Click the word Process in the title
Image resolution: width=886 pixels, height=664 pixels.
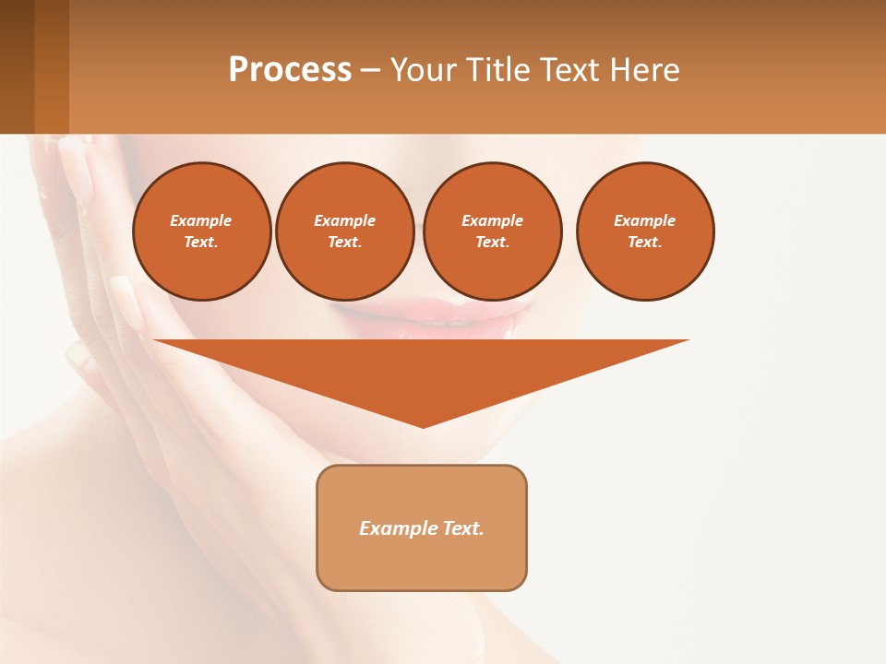(290, 70)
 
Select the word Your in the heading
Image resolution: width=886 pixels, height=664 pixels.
(421, 70)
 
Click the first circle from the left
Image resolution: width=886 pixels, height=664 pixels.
(202, 231)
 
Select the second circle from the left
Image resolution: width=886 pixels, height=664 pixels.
(345, 231)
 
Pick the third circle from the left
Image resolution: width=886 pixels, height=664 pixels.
(492, 231)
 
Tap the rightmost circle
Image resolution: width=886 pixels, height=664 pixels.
(645, 231)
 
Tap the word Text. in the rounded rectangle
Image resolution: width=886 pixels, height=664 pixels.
(461, 528)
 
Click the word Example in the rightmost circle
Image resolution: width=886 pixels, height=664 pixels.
(645, 220)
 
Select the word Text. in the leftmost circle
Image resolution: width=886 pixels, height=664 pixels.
(201, 243)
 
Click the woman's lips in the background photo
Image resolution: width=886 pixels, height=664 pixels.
(434, 318)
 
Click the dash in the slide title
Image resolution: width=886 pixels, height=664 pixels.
(370, 70)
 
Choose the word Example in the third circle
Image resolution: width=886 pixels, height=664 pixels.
(492, 220)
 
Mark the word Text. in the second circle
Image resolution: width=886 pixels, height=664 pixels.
(345, 243)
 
